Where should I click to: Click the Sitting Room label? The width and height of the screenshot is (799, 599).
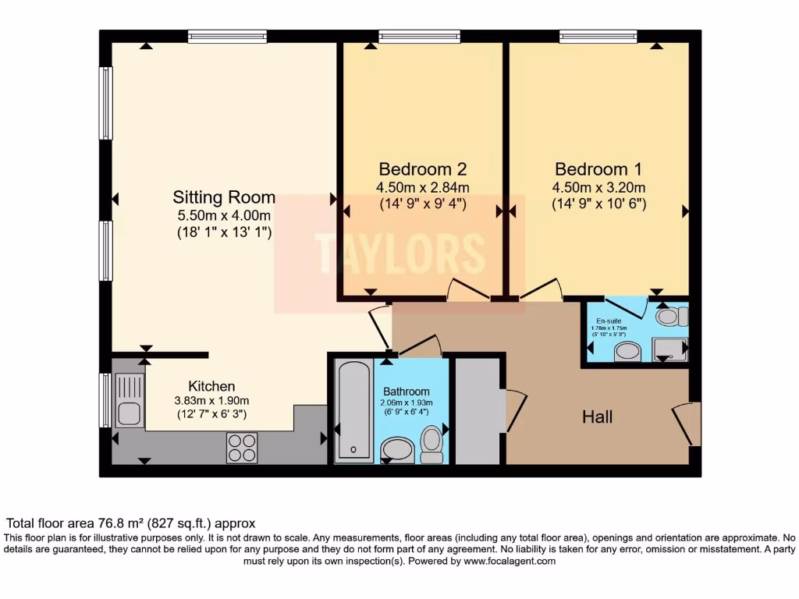click(x=224, y=197)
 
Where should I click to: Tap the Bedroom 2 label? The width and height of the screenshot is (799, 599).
click(x=422, y=169)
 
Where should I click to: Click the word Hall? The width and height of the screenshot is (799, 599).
click(x=597, y=417)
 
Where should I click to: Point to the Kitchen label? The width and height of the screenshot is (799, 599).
click(x=211, y=386)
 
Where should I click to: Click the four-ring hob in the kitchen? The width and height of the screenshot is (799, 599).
click(x=242, y=447)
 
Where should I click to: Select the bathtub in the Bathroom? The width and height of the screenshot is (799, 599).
click(x=354, y=410)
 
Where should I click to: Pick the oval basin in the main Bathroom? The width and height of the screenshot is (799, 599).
click(x=399, y=450)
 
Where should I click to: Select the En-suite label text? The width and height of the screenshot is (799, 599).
click(x=609, y=321)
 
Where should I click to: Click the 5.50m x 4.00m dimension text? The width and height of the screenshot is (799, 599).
click(x=224, y=215)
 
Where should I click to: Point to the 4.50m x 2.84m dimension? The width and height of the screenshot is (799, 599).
click(x=422, y=188)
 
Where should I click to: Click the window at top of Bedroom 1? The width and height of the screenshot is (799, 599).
click(x=598, y=36)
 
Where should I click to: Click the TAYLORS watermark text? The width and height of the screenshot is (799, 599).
click(x=399, y=253)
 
